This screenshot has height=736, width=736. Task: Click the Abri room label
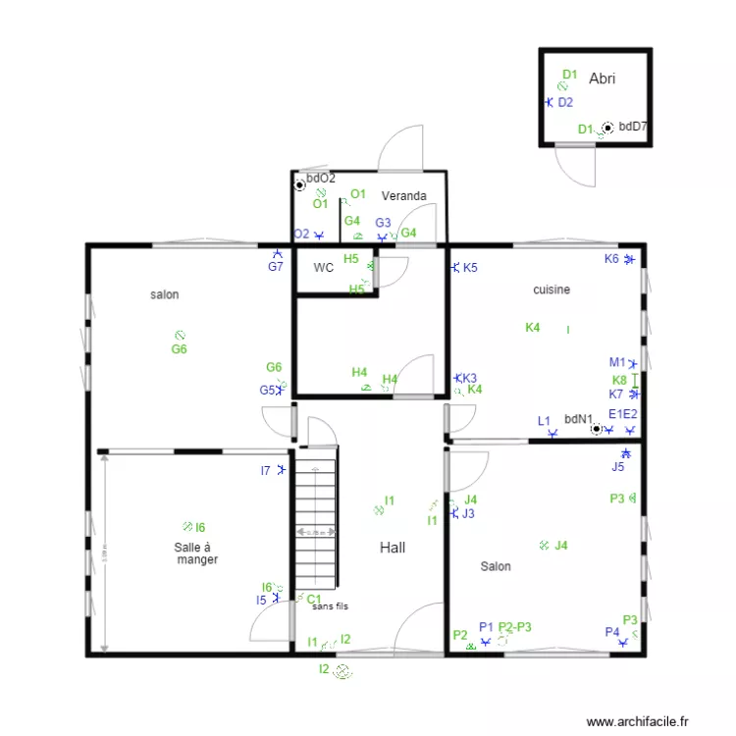[602, 79]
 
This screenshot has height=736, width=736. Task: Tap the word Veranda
[404, 196]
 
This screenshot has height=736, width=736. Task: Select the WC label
[324, 267]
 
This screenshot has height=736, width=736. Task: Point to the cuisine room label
[552, 289]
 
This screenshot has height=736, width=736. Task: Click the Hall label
[393, 548]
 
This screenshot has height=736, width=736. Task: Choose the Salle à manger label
[195, 553]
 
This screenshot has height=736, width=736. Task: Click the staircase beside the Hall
[316, 530]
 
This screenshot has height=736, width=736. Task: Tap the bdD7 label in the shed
[633, 127]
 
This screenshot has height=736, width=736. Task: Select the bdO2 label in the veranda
[321, 179]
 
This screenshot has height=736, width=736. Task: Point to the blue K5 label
[470, 268]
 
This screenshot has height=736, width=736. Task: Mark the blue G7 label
[276, 266]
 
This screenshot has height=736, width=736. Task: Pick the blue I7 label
[265, 471]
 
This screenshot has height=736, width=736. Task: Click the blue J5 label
[617, 467]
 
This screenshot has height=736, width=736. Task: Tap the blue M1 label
[616, 362]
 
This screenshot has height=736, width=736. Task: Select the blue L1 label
[544, 421]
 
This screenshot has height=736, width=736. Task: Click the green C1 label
[314, 599]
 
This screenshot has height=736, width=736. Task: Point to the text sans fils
[330, 607]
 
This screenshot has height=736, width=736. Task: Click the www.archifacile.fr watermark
[638, 721]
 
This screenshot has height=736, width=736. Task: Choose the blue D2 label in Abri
[565, 102]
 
